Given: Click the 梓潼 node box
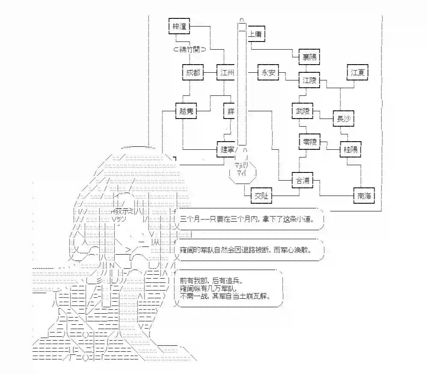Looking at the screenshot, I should coord(178,26).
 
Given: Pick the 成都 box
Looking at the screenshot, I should coord(193,73).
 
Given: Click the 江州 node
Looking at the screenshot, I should coord(227,73).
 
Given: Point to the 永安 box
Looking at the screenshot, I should coord(268,73).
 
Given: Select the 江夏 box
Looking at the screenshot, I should coord(357,73).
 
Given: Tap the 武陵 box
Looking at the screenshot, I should coord(302,111).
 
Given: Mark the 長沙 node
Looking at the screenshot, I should coord(344,119).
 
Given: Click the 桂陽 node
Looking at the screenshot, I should coord(350,149).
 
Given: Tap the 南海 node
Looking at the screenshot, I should coord(364,196).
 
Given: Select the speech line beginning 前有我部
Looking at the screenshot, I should coord(211,281).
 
